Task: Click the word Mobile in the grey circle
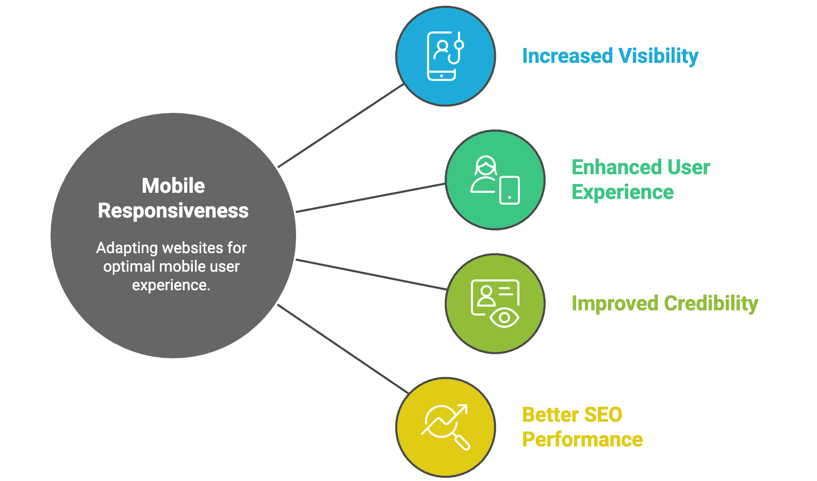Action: pyautogui.click(x=173, y=186)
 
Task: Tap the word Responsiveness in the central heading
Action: pyautogui.click(x=173, y=210)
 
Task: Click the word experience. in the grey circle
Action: pyautogui.click(x=171, y=285)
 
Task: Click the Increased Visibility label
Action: pyautogui.click(x=610, y=56)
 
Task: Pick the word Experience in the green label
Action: pyautogui.click(x=623, y=192)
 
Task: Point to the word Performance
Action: pyautogui.click(x=582, y=439)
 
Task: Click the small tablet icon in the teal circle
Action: pyautogui.click(x=510, y=190)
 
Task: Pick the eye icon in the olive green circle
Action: pyautogui.click(x=504, y=318)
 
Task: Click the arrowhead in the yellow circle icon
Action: pyautogui.click(x=462, y=409)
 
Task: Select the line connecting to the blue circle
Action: pyautogui.click(x=340, y=125)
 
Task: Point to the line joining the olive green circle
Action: pyautogui.click(x=371, y=274)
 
